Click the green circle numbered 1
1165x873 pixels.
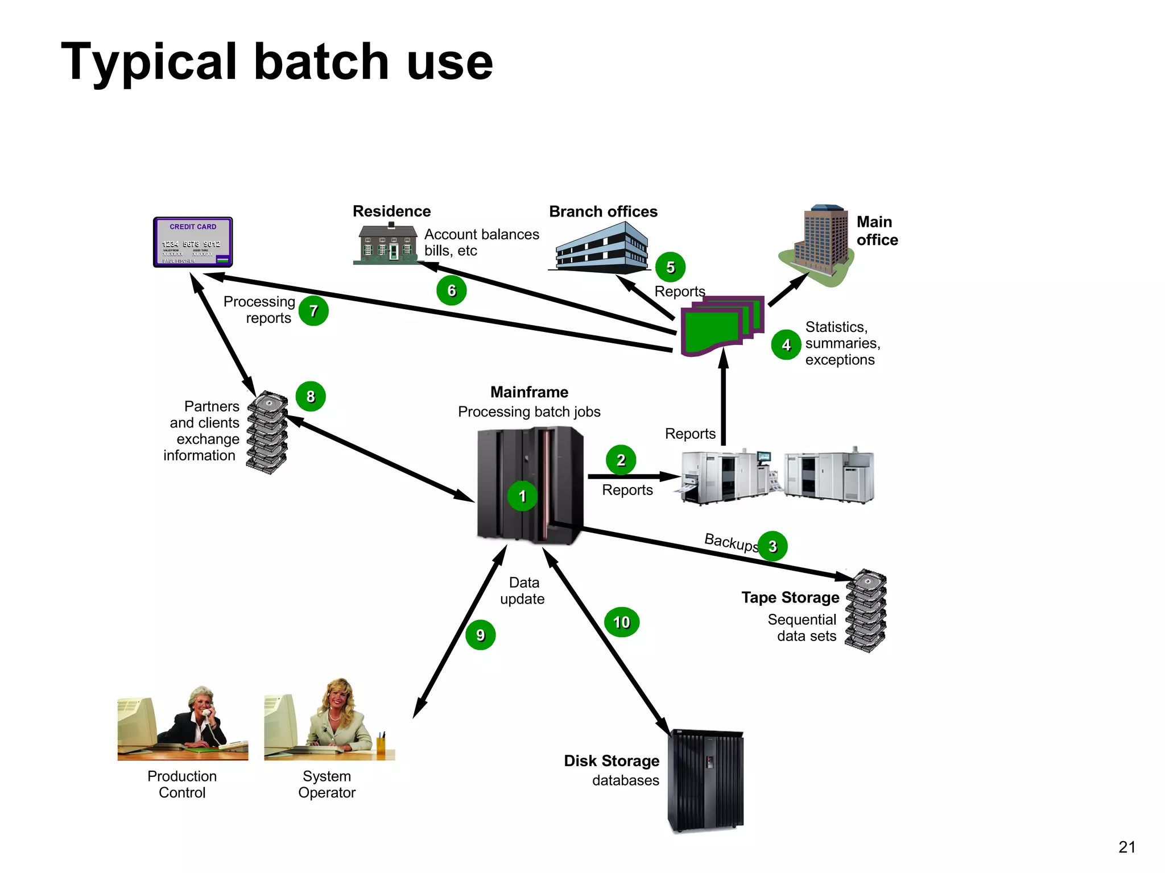[x=522, y=496]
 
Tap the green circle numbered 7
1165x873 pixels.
[x=313, y=311]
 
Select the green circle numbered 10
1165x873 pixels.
[x=621, y=622]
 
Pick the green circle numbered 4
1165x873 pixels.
[x=786, y=345]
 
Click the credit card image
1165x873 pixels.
[x=193, y=242]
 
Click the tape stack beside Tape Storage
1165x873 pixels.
[x=865, y=611]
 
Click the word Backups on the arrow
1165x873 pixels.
[x=731, y=542]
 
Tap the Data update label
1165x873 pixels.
[x=523, y=591]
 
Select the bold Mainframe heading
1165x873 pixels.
[x=529, y=392]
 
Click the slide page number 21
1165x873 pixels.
[x=1126, y=847]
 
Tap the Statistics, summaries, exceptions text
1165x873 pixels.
[x=842, y=343]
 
